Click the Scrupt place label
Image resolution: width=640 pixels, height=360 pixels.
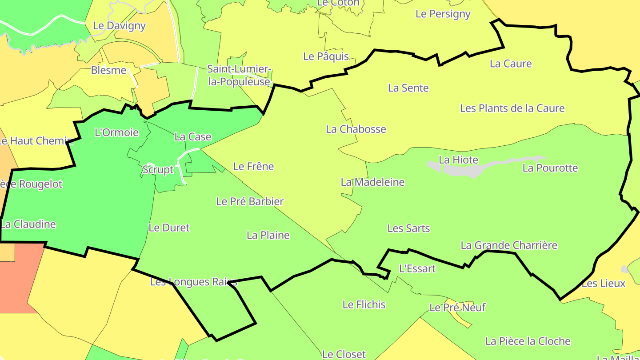coord(158,170)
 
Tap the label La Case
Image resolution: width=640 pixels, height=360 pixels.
coord(192,137)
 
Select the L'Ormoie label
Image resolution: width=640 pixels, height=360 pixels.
coord(117,132)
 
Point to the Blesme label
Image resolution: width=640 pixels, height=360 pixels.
coord(108,70)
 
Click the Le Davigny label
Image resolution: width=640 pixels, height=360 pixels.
coord(119,26)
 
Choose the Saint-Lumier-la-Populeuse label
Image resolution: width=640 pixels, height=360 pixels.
coord(239,76)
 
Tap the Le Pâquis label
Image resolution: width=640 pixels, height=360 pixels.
coord(326,56)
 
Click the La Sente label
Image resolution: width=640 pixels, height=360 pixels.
coord(408,88)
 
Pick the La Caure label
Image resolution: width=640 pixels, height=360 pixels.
coord(510,64)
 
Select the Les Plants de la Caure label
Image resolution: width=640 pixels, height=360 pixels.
coord(512,108)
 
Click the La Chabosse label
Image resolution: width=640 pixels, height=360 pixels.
coord(356,129)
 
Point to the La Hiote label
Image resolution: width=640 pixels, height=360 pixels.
coord(458,160)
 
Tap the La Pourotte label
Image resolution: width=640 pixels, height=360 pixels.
coord(550,168)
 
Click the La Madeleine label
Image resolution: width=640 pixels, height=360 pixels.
coord(372,182)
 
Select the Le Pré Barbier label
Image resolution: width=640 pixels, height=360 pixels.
coord(249,202)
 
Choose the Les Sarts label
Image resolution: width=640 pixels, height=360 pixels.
coord(408,228)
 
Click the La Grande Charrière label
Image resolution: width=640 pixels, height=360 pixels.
coord(508,245)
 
